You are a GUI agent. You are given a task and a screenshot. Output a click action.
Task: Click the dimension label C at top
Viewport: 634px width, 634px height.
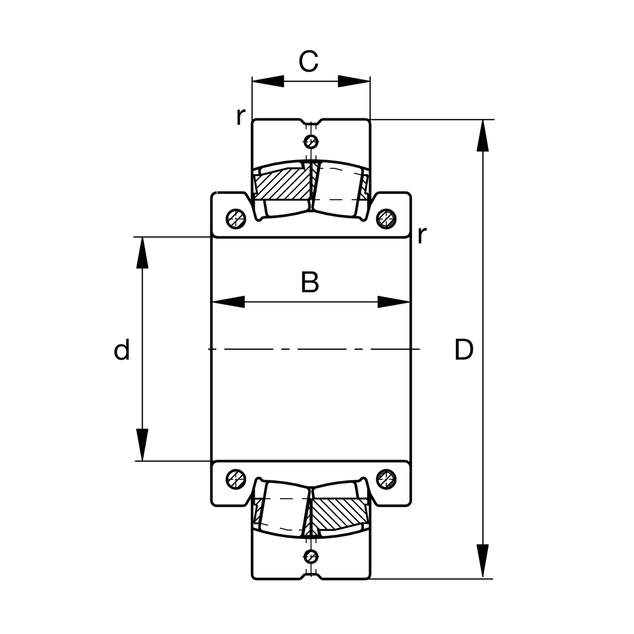(x=309, y=62)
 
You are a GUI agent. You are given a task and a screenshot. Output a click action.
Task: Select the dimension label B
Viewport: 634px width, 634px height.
(x=310, y=282)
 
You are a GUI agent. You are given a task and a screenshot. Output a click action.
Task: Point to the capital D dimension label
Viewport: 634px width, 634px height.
(x=463, y=350)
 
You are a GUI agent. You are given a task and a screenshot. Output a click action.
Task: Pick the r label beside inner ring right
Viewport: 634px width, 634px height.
(x=421, y=235)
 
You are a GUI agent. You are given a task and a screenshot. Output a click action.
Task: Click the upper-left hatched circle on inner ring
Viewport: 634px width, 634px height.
(x=235, y=218)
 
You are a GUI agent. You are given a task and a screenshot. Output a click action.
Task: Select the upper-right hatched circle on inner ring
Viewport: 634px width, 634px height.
(x=386, y=218)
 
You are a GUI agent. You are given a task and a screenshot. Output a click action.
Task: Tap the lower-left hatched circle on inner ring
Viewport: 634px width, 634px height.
(x=235, y=479)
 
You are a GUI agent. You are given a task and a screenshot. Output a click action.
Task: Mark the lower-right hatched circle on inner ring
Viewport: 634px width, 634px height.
(x=386, y=479)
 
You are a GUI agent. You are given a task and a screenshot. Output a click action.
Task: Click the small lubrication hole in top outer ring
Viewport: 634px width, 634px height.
(x=311, y=141)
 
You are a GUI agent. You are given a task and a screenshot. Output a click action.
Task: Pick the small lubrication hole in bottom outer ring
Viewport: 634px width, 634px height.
(x=311, y=556)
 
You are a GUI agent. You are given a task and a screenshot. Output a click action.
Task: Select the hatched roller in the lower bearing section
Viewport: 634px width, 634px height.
(x=338, y=512)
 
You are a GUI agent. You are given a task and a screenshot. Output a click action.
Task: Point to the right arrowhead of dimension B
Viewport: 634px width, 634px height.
(x=394, y=303)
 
